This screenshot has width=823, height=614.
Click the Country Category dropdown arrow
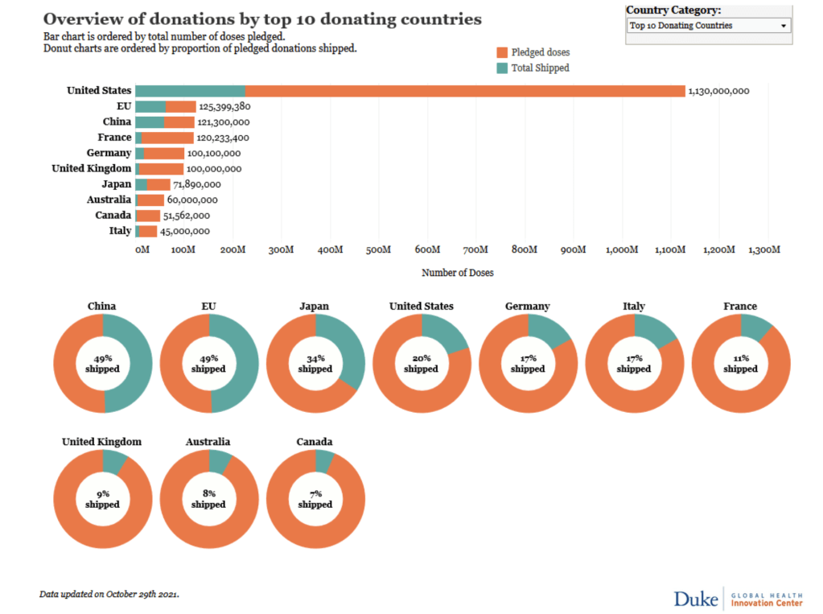[783, 26]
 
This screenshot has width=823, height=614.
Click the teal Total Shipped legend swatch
[503, 68]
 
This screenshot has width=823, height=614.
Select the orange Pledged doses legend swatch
[503, 52]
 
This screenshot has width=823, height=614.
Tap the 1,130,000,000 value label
[718, 91]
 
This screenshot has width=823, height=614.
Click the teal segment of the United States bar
[190, 91]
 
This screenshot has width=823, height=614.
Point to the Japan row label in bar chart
[117, 184]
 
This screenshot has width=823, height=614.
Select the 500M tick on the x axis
[377, 250]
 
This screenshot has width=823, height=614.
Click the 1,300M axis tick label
[763, 250]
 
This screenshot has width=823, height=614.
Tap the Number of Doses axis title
[458, 273]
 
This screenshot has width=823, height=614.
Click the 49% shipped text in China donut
[102, 364]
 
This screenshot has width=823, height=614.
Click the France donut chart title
[740, 307]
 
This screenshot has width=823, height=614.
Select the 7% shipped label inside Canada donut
[315, 499]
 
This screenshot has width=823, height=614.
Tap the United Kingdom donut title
[102, 442]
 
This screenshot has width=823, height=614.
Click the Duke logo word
[696, 598]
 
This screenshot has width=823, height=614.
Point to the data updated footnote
[109, 595]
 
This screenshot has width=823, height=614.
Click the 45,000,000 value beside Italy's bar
[185, 232]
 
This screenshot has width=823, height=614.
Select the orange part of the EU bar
[181, 106]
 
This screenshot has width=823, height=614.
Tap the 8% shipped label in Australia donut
[209, 499]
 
